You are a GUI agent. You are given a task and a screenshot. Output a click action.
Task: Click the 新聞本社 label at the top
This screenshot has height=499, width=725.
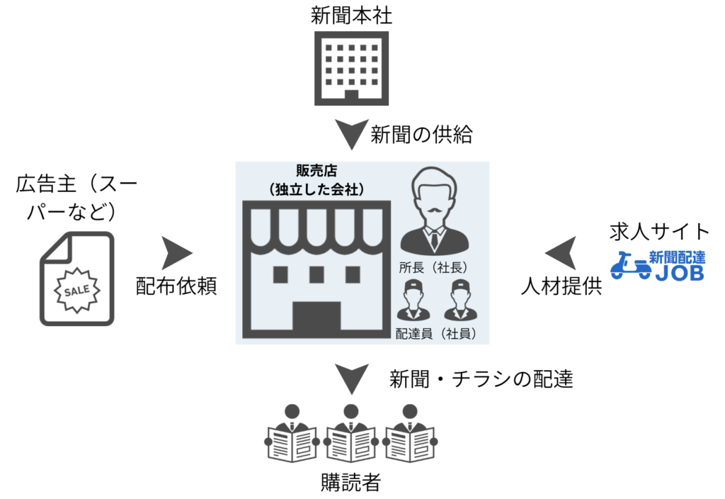pos(352,15)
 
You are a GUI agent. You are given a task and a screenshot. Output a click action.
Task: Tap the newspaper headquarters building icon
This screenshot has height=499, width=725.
pos(352,68)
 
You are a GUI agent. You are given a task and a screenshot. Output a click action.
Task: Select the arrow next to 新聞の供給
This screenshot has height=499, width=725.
pos(352,134)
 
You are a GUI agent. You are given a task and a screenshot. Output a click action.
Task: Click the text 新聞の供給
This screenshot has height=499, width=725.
pos(421,134)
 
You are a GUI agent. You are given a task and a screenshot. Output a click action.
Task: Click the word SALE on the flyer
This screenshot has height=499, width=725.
pos(76,291)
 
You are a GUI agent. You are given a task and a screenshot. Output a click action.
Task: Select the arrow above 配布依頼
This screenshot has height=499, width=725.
pos(177,252)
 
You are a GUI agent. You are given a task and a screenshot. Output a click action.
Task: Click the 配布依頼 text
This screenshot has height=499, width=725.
pos(177,286)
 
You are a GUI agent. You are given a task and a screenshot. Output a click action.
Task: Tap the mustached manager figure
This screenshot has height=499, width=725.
pos(433,213)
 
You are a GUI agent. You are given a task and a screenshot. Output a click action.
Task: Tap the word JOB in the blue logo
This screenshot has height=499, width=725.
pos(679,273)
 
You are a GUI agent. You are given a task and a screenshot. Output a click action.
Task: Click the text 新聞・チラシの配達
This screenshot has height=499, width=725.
pos(481,380)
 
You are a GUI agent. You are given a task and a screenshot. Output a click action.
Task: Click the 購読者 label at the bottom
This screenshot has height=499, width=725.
pos(350,483)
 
